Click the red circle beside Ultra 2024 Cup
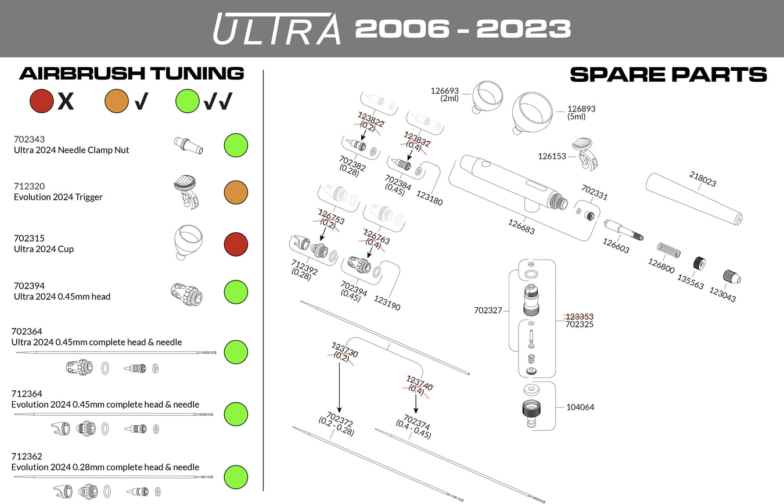point(235,244)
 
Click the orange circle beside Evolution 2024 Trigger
point(235,193)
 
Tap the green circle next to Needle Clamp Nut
point(235,145)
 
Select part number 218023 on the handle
point(703,179)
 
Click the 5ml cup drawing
point(533,113)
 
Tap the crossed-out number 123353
point(580,316)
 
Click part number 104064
point(580,407)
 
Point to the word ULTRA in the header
point(277,29)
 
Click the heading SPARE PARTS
point(668,74)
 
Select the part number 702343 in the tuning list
point(29,139)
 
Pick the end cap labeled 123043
point(731,278)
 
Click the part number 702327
point(488,311)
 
